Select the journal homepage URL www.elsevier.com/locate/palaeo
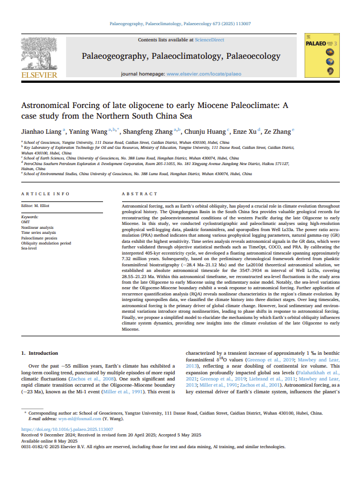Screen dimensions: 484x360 click(204, 73)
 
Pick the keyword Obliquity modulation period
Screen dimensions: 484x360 click(46, 243)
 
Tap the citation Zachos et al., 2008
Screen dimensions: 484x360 click(100, 378)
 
